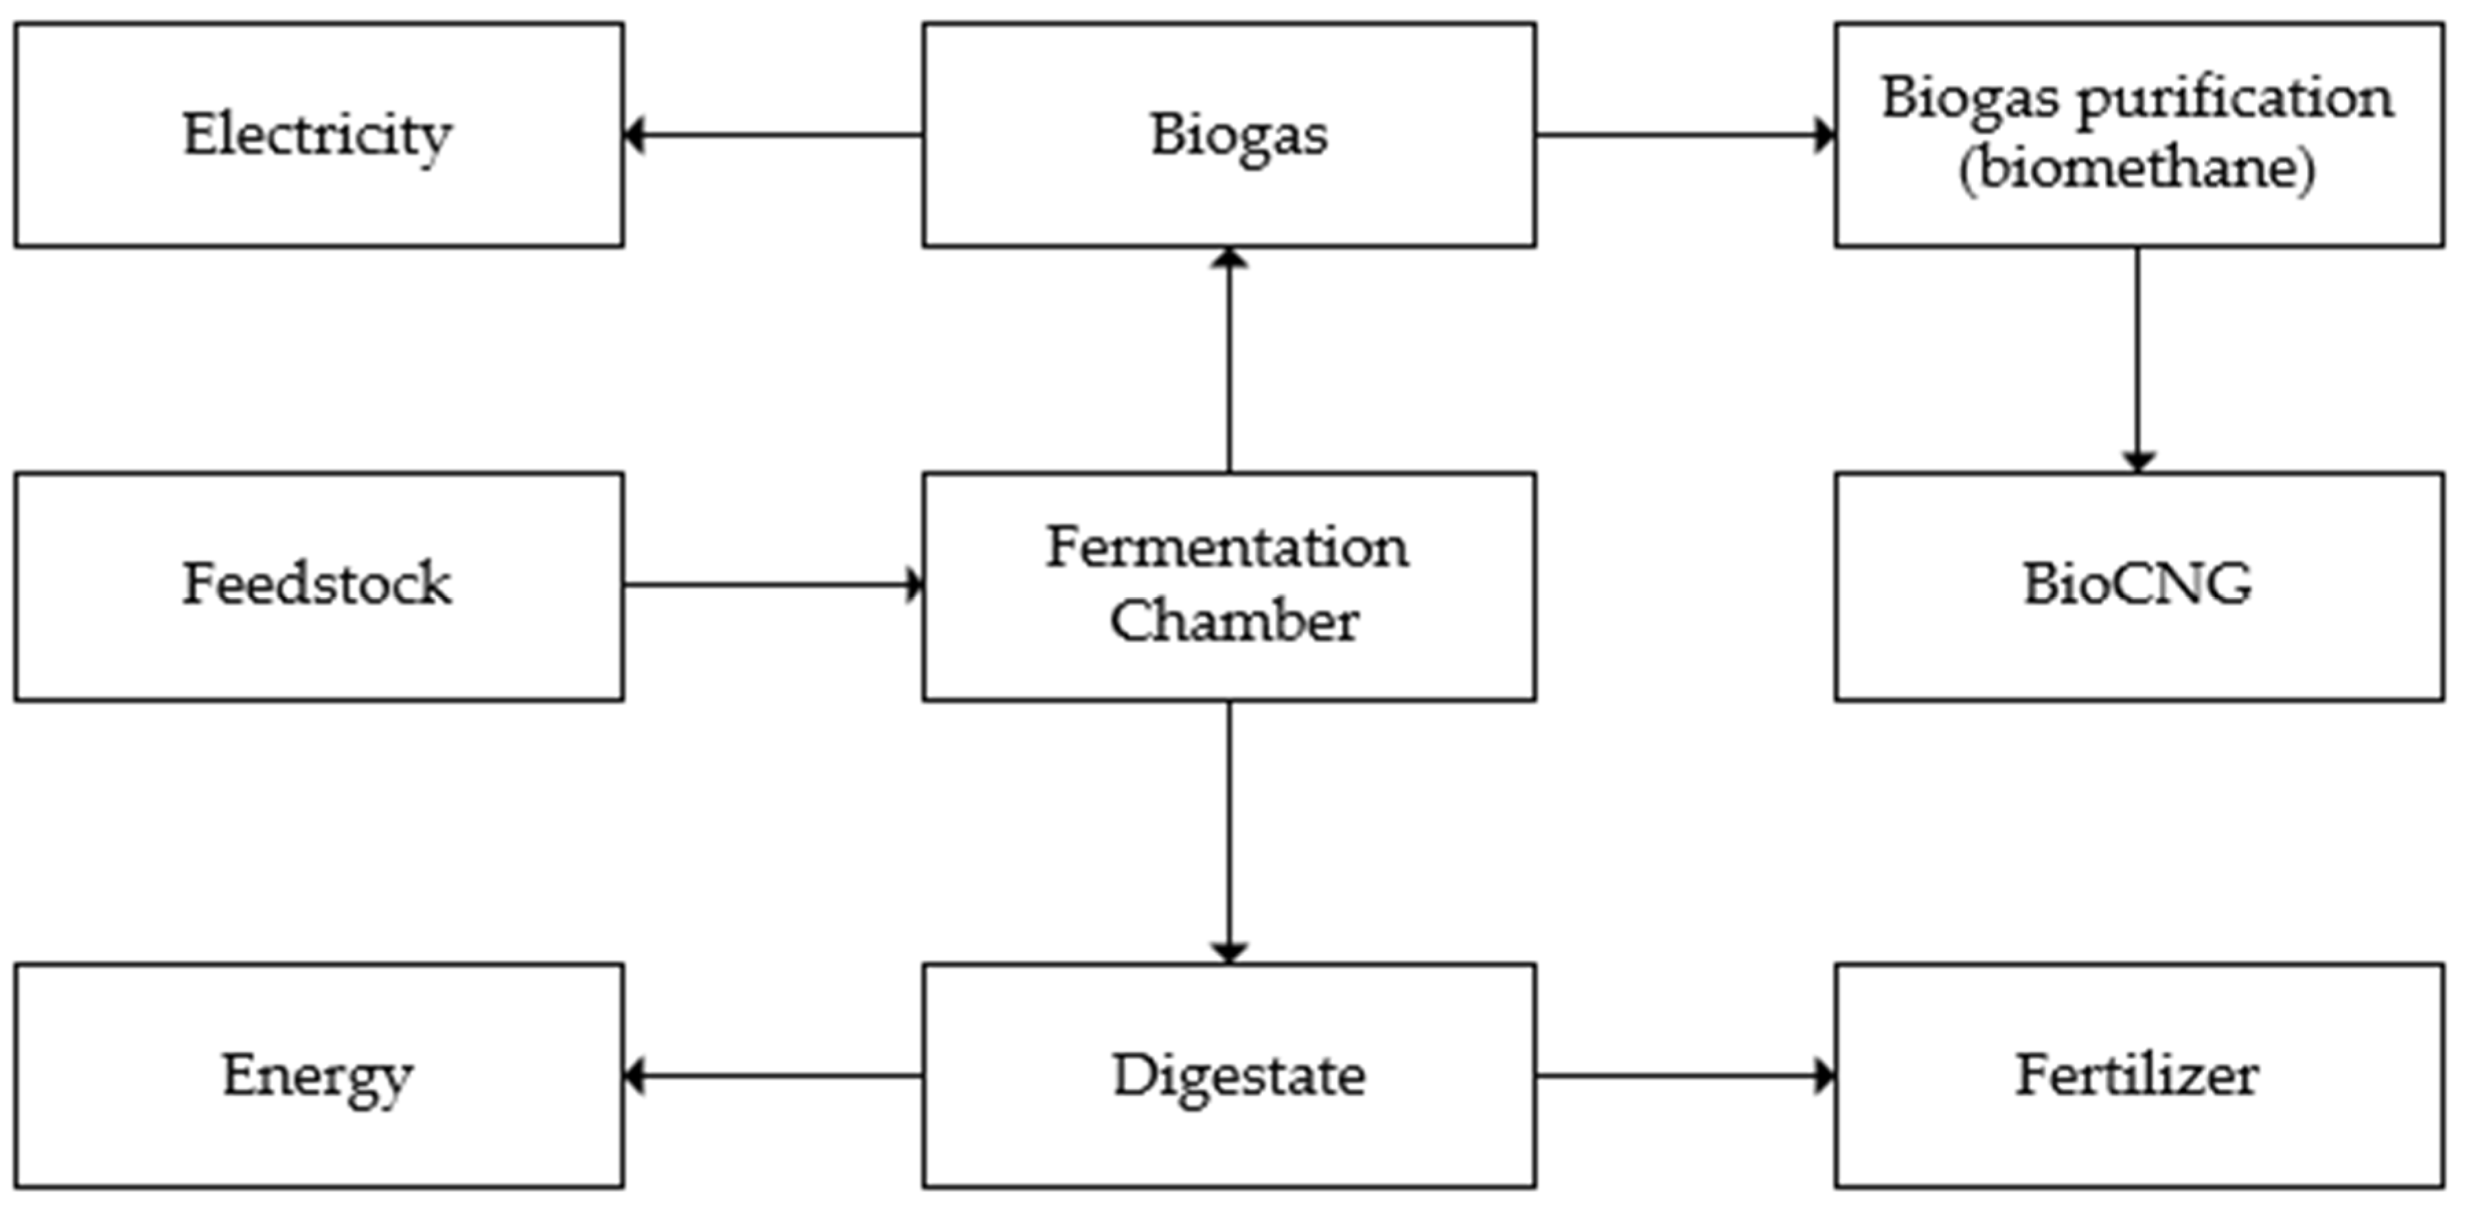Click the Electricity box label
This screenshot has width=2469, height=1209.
[x=317, y=135]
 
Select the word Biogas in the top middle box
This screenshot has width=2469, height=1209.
[x=1239, y=135]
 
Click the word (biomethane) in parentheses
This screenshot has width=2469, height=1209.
[x=2137, y=169]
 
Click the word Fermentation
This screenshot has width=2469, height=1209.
[x=1227, y=548]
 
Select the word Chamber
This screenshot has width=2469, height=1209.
[x=1234, y=621]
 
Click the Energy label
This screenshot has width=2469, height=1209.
[x=317, y=1075]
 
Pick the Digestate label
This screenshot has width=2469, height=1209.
[x=1239, y=1075]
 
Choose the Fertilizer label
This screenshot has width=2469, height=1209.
[x=2137, y=1075]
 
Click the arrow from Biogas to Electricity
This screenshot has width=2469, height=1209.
[x=772, y=135]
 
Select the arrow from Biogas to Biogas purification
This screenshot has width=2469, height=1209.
[x=1685, y=135]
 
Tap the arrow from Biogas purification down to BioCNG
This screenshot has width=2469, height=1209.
[x=2137, y=360]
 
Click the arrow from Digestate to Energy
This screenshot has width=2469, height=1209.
[x=772, y=1076]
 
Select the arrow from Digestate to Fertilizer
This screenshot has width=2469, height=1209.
[x=1685, y=1076]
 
